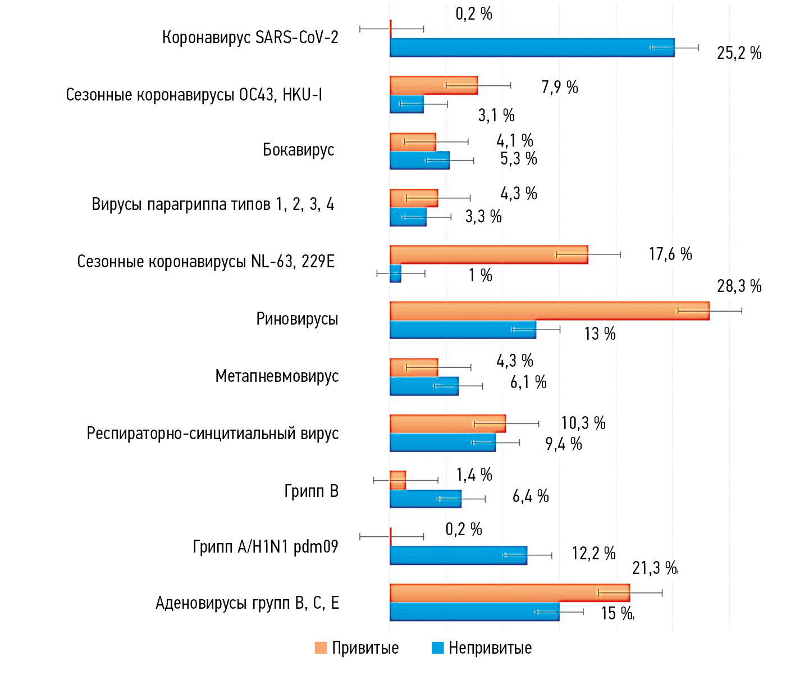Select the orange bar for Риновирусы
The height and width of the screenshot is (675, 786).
[549, 311]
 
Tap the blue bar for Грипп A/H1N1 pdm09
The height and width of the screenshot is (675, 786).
[458, 555]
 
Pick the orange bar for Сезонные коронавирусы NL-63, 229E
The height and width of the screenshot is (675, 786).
[488, 254]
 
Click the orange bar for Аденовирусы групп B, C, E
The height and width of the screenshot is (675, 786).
[509, 593]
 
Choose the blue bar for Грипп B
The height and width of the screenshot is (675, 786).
[425, 499]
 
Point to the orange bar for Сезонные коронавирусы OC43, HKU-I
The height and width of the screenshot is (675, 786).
[433, 85]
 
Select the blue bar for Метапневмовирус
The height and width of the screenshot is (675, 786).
[424, 386]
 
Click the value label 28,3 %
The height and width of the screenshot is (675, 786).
[739, 286]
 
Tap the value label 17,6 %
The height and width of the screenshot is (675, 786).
[670, 254]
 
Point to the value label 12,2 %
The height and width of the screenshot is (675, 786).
[593, 554]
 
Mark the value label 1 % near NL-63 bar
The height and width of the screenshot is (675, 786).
[481, 275]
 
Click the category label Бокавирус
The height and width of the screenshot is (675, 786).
[298, 150]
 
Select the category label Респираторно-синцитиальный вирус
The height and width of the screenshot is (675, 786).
[212, 434]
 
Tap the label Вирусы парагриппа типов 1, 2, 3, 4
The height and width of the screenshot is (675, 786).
[213, 204]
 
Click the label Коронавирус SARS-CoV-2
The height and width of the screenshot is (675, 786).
[250, 38]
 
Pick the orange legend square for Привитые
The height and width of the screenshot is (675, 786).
[321, 648]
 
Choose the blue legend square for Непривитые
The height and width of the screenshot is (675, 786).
[437, 648]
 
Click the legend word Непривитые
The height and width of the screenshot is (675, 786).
[490, 648]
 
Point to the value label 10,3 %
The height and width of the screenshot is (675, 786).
[583, 423]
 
